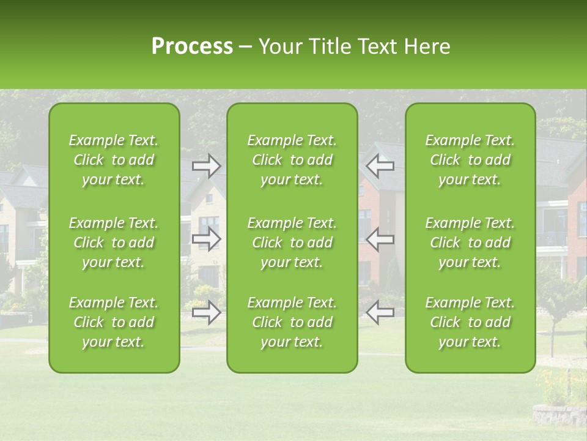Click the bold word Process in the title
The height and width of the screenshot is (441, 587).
(x=192, y=46)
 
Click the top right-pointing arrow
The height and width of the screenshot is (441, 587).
(x=206, y=166)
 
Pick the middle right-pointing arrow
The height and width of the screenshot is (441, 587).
(x=206, y=239)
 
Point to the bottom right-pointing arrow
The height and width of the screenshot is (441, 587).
(x=206, y=312)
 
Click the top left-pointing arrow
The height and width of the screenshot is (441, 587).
(x=380, y=166)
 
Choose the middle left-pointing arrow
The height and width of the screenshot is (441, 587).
(x=380, y=239)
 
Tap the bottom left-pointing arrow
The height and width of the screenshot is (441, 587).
(x=380, y=312)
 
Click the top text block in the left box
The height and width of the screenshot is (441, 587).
(x=114, y=160)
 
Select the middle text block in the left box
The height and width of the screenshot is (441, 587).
(x=114, y=243)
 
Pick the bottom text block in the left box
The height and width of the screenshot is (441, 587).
(x=114, y=322)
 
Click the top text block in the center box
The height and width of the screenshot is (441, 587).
(x=292, y=160)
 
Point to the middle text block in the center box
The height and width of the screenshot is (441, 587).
(x=292, y=243)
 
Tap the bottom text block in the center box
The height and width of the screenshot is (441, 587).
(x=292, y=322)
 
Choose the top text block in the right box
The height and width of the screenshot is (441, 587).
(x=470, y=160)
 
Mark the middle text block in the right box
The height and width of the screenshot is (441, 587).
(x=470, y=243)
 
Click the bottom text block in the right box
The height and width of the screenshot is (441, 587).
(x=470, y=322)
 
